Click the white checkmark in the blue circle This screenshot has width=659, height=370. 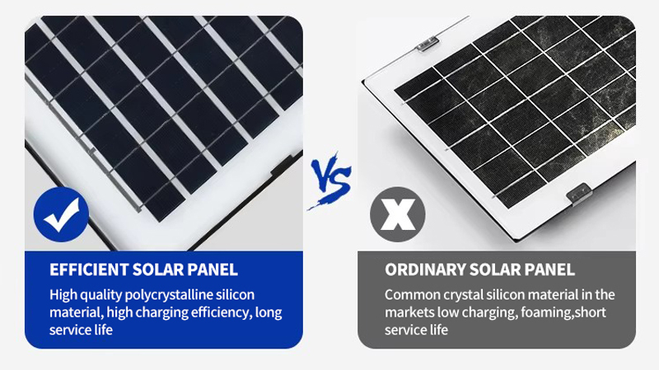pos(62,214)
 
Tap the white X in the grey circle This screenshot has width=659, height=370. pos(398,214)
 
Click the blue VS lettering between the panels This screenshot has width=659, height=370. pos(331,180)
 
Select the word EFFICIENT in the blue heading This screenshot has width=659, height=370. pos(89,269)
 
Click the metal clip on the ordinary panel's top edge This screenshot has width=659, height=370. pos(428,43)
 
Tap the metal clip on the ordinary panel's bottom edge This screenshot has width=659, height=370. pos(580,194)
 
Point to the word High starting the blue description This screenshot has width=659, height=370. pos(63,295)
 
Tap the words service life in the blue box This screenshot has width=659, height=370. pos(81,330)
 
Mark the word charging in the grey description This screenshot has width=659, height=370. pos(488,313)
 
